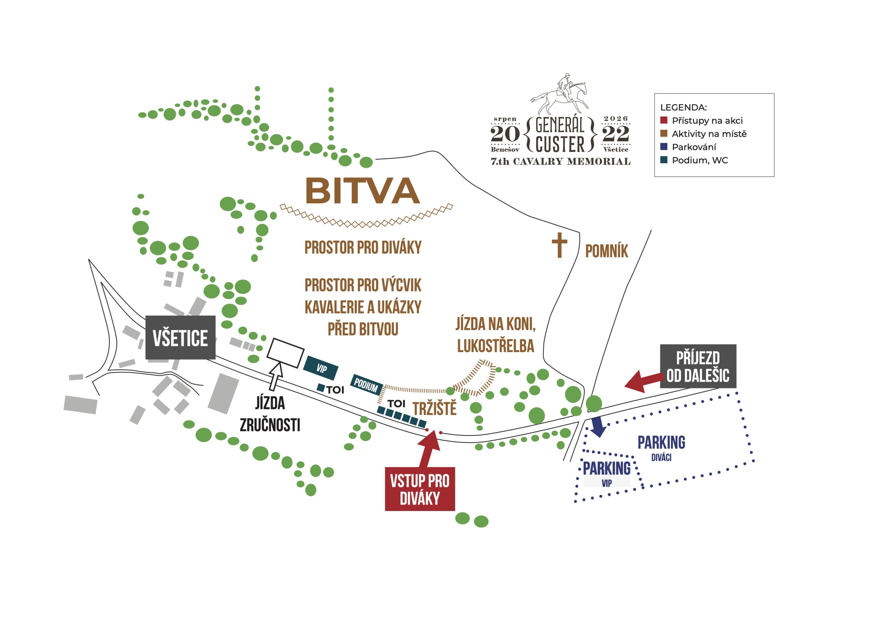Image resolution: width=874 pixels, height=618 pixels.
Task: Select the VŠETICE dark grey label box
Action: pyautogui.click(x=181, y=337)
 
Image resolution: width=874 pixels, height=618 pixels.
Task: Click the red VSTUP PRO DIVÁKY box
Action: pyautogui.click(x=420, y=489)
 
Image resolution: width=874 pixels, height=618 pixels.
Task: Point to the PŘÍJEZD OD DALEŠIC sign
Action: pyautogui.click(x=698, y=366)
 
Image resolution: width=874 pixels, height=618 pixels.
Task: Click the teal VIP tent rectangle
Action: pyautogui.click(x=321, y=368)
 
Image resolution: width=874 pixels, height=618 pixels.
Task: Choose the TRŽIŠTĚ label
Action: pyautogui.click(x=435, y=409)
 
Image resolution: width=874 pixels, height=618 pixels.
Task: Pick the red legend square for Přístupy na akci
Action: pyautogui.click(x=664, y=120)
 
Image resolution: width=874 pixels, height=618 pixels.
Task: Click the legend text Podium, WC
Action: pyautogui.click(x=700, y=160)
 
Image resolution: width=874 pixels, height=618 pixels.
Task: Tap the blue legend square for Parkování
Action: pyautogui.click(x=664, y=146)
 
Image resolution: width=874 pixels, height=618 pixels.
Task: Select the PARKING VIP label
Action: pyautogui.click(x=607, y=474)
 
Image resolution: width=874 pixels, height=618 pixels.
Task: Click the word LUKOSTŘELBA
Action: pyautogui.click(x=496, y=346)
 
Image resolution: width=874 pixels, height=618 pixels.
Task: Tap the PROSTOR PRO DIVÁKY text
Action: pyautogui.click(x=363, y=248)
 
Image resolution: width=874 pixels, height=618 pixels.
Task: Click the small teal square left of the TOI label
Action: pyautogui.click(x=321, y=388)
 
